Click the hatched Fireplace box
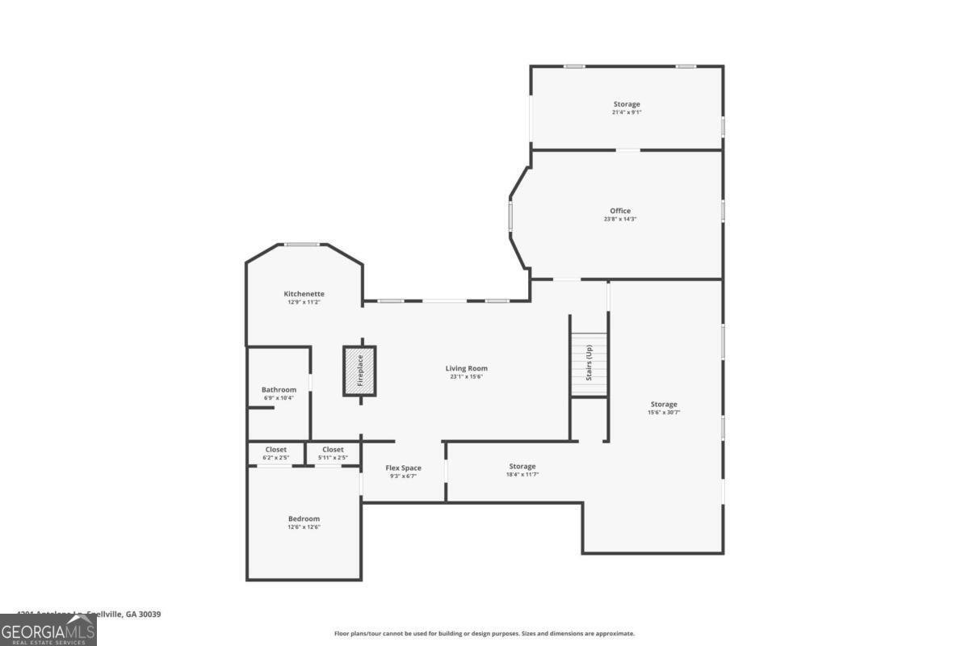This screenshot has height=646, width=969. point(359,371)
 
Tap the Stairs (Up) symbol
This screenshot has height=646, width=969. point(589,364)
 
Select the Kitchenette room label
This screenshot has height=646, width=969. point(304,294)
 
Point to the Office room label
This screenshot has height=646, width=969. point(620,211)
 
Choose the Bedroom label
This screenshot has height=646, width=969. point(304,518)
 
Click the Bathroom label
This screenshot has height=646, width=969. point(279,389)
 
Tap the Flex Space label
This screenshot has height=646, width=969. point(403,468)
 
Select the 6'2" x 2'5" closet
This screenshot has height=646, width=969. point(275,453)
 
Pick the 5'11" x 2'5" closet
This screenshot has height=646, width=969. point(333,453)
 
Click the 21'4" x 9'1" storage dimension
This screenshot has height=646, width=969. point(627,112)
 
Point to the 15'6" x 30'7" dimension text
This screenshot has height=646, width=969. point(664,413)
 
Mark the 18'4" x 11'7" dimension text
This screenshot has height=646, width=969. point(522,474)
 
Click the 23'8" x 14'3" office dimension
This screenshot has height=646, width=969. point(620,219)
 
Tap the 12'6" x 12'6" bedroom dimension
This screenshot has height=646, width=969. point(304,527)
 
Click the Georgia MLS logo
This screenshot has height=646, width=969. point(48,630)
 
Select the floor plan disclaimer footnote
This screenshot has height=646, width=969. point(484,634)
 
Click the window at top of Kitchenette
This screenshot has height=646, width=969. point(302,244)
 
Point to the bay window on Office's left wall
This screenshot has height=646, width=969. point(510,216)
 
